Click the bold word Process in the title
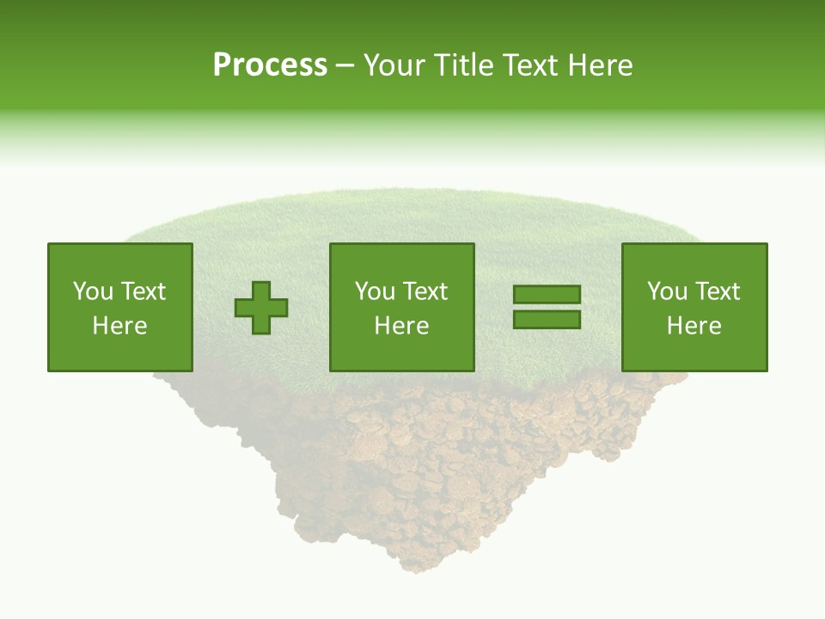click(270, 65)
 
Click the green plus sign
click(261, 308)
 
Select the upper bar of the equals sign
click(547, 295)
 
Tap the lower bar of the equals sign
click(547, 320)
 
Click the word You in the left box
click(93, 291)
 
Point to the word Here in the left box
click(119, 326)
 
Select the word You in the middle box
click(375, 291)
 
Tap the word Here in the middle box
click(401, 326)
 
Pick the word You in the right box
click(667, 291)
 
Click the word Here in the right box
click(694, 326)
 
